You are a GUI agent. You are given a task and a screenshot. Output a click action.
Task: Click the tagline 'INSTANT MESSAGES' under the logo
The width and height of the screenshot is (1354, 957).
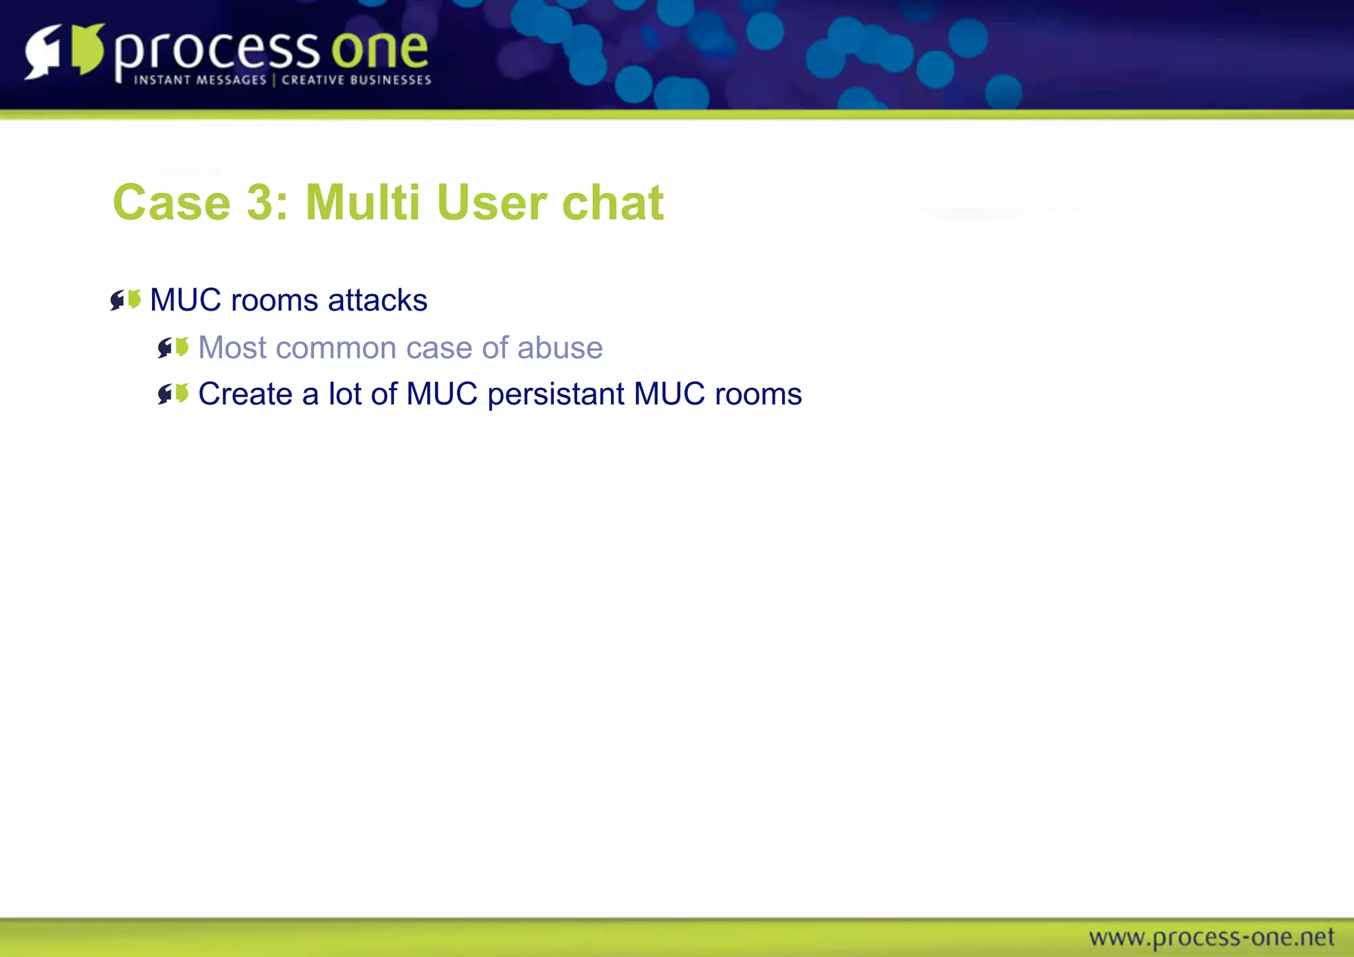coord(200,80)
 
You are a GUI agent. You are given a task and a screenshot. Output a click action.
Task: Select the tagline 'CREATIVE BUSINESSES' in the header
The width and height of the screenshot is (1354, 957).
coord(356,80)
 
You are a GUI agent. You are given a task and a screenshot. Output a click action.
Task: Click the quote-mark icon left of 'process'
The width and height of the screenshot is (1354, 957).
coord(65,51)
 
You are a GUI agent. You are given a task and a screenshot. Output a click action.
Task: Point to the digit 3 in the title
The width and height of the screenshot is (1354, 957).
coord(260,202)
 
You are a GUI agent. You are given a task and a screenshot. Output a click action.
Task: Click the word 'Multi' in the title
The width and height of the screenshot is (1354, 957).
coord(362,202)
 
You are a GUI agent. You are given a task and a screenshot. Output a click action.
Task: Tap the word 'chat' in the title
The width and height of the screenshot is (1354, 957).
coord(613,202)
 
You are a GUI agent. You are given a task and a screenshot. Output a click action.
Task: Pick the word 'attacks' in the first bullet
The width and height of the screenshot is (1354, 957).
coord(378,300)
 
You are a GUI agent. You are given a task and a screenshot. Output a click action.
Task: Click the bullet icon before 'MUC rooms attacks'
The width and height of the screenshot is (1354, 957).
coord(126,300)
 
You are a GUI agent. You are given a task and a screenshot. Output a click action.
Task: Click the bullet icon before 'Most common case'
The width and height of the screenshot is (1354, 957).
coord(173,347)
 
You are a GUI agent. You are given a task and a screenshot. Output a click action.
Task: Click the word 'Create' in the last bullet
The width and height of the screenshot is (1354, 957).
coord(245,394)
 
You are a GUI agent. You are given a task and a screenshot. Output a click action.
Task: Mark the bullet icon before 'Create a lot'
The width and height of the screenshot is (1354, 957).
coord(173,394)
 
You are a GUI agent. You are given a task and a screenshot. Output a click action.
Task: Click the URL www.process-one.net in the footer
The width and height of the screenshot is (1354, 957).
coord(1212,937)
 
